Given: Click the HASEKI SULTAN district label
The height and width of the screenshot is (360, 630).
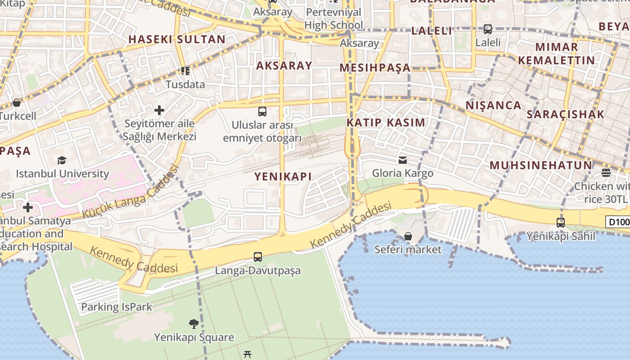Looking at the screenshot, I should [177, 39].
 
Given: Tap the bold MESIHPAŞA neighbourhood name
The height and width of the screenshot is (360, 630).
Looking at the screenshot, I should [375, 68].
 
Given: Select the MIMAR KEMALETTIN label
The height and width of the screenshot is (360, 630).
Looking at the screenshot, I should [556, 54].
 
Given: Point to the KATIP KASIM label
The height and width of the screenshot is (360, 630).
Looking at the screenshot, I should [386, 122].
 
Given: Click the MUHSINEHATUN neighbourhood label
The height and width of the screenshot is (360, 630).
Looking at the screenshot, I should [541, 165].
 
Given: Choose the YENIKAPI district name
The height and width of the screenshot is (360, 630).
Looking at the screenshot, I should [283, 176].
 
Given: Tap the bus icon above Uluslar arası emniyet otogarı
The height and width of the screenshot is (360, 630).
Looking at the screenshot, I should [262, 111].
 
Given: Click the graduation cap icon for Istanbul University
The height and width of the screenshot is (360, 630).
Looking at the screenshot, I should [62, 160].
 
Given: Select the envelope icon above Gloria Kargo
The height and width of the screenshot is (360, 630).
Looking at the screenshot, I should [403, 160].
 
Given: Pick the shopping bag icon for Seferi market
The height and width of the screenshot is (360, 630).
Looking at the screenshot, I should [408, 236].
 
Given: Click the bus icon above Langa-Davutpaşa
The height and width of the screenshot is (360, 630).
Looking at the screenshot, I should [258, 257].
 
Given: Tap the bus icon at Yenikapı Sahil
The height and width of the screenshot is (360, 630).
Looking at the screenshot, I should [561, 222].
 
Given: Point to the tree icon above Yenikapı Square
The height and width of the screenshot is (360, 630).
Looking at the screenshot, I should [194, 324].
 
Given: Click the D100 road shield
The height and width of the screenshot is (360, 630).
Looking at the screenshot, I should [618, 222].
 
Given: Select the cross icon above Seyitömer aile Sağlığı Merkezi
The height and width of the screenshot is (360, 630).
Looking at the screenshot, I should [159, 110].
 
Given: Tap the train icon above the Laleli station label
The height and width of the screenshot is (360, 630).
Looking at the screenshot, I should [488, 29].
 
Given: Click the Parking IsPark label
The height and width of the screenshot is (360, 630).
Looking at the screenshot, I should [117, 307].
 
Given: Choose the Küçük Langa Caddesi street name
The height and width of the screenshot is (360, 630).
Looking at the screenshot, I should [131, 192].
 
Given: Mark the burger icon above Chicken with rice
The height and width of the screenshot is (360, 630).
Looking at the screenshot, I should [606, 173].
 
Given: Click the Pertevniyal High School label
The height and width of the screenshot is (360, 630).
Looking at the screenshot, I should [333, 18].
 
